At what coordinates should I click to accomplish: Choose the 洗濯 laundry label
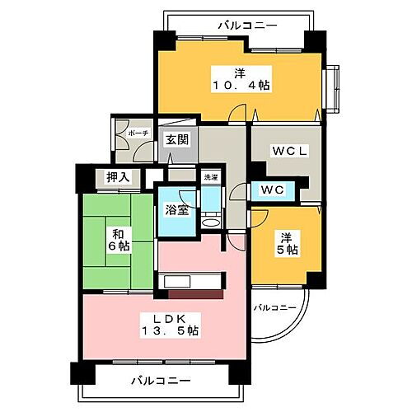coord(211,177)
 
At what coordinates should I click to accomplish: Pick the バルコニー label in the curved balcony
coord(274,308)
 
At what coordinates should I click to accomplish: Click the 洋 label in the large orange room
coord(235,69)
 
